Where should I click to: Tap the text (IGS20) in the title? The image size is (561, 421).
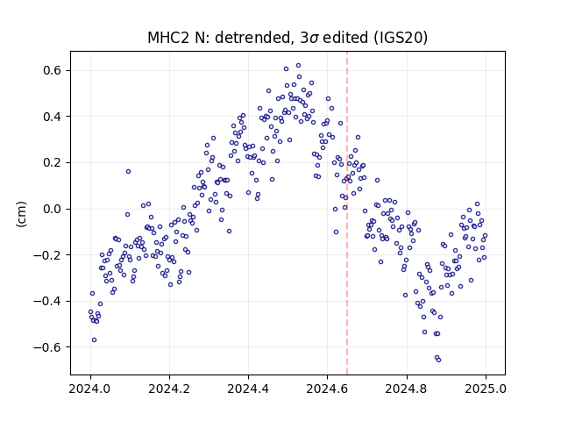click(401, 38)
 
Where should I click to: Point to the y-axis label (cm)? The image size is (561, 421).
click(21, 214)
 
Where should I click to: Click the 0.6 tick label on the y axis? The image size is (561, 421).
click(53, 70)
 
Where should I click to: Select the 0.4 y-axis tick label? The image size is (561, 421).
click(53, 117)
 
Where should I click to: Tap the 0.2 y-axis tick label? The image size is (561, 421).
click(53, 163)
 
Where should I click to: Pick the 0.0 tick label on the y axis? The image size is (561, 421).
click(53, 209)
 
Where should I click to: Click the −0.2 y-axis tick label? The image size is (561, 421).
click(47, 255)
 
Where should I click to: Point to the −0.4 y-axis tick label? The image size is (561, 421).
click(47, 302)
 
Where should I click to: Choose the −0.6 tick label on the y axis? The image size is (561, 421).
click(47, 347)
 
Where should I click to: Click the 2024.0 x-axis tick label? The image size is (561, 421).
click(90, 389)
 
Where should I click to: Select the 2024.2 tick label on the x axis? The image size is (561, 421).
click(169, 389)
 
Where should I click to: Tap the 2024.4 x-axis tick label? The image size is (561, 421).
click(248, 389)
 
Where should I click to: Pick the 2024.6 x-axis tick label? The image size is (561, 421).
click(327, 389)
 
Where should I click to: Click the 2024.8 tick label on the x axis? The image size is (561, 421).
click(407, 389)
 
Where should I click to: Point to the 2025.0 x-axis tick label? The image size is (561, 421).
click(486, 389)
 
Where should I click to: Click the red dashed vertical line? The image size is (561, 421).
click(347, 213)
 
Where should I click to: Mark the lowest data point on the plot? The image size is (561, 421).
click(438, 360)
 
